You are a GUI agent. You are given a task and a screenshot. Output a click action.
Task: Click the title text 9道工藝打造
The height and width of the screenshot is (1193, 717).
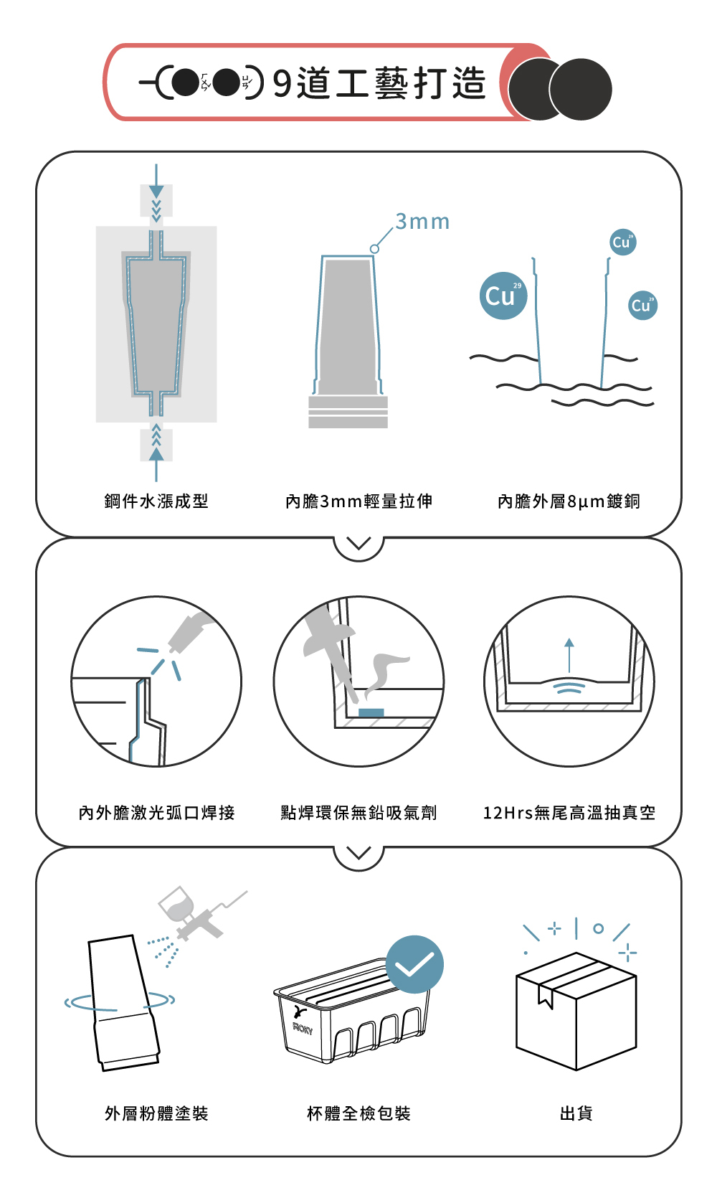click(379, 83)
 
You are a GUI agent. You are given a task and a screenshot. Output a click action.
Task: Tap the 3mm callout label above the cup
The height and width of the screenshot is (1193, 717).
click(422, 222)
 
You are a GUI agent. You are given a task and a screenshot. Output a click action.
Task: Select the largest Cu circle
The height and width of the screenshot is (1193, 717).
click(503, 296)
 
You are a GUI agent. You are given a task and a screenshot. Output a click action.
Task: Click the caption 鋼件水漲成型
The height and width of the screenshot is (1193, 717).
click(156, 501)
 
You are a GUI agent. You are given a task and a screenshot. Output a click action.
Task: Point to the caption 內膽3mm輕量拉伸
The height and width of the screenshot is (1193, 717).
click(358, 501)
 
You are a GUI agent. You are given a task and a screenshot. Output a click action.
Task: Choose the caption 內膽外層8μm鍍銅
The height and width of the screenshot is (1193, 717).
click(569, 501)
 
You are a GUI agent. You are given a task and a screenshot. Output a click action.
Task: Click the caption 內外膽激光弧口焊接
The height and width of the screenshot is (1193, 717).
click(156, 813)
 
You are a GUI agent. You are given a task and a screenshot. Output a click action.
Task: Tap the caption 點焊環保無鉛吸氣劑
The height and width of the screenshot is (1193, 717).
click(358, 813)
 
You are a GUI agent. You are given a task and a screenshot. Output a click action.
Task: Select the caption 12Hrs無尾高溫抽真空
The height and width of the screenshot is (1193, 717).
click(569, 813)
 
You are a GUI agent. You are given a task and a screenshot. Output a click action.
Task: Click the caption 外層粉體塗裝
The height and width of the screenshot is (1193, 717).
click(156, 1113)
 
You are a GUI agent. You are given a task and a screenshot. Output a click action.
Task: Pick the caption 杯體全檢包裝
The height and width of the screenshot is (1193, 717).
click(358, 1113)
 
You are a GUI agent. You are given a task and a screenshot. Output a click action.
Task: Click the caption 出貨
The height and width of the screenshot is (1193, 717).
click(576, 1113)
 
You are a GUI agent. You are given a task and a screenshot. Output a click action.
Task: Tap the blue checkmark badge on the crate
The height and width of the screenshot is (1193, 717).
click(414, 965)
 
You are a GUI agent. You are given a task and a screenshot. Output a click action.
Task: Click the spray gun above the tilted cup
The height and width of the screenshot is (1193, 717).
click(198, 913)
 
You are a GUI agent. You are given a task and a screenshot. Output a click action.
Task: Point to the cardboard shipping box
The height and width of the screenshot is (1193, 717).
click(576, 1012)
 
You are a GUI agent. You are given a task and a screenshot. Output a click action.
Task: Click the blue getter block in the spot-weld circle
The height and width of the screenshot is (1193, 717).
click(371, 712)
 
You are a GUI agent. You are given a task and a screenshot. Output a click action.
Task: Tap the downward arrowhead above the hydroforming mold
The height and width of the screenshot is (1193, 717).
click(156, 192)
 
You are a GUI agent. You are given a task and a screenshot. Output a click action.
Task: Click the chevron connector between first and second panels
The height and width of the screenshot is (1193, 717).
click(358, 543)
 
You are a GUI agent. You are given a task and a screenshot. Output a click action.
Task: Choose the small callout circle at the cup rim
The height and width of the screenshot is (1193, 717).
click(375, 249)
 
